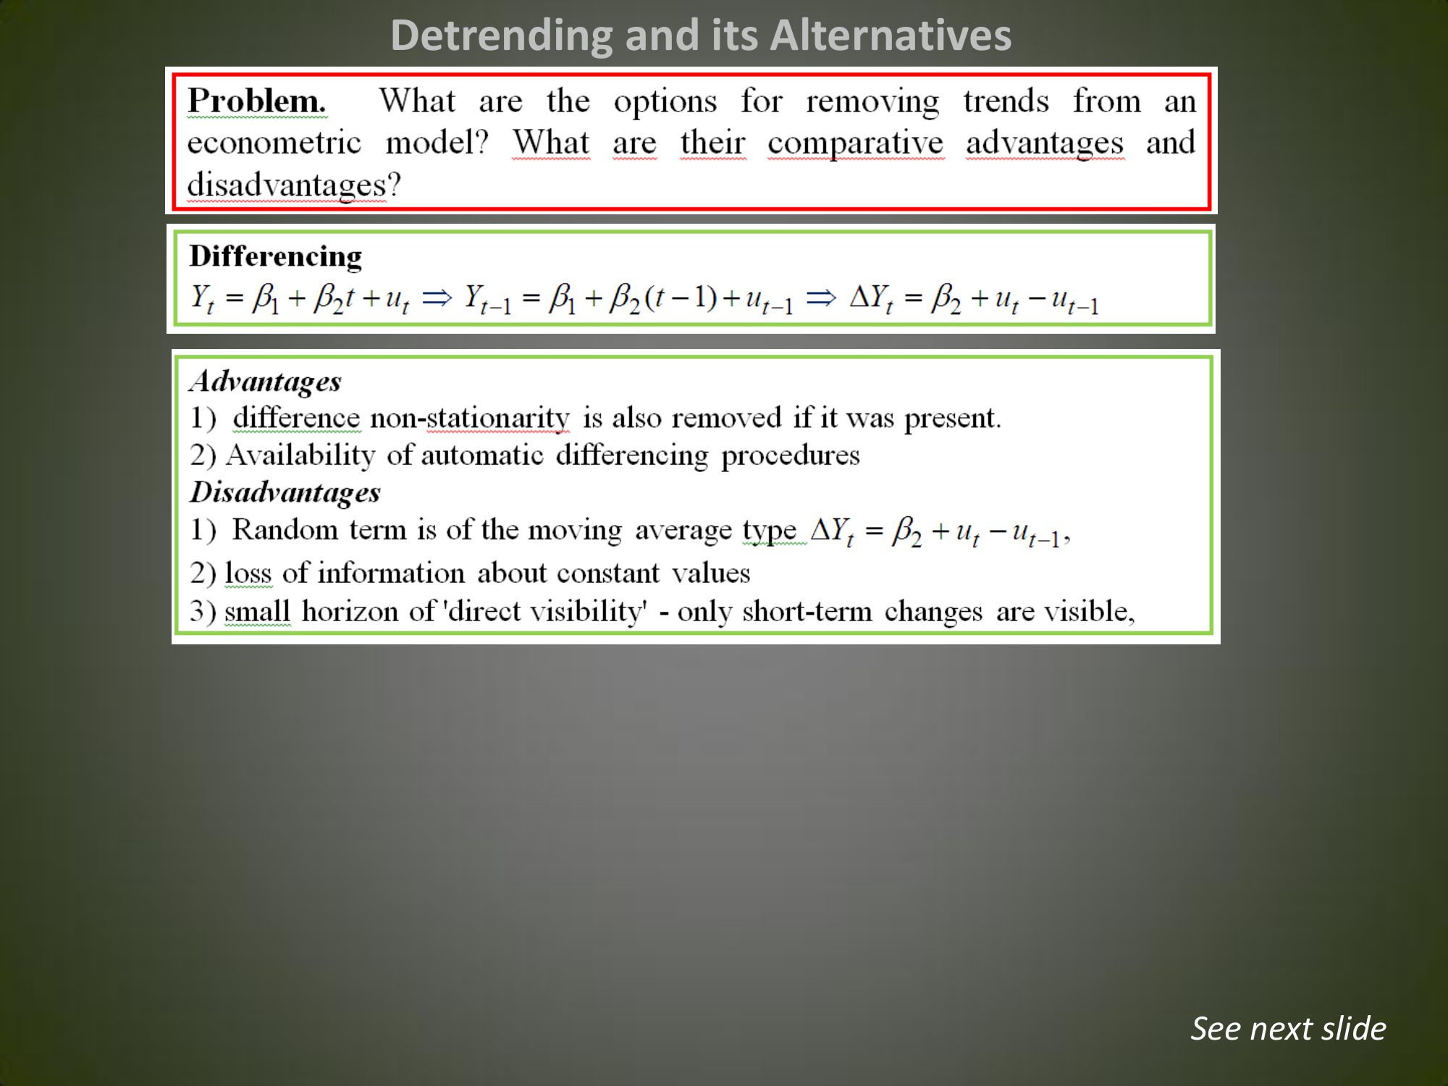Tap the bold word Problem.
[257, 101]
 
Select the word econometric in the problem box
[274, 142]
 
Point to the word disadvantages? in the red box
[294, 185]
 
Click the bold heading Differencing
[276, 257]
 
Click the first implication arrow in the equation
[437, 297]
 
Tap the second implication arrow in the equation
[821, 297]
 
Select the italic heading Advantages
[265, 382]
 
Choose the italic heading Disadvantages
[285, 492]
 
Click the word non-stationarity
[470, 418]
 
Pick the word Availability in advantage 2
[300, 455]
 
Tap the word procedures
[791, 455]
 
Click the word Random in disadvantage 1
[285, 529]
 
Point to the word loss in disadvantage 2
[248, 573]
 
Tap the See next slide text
[1289, 1028]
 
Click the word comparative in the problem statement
[856, 143]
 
